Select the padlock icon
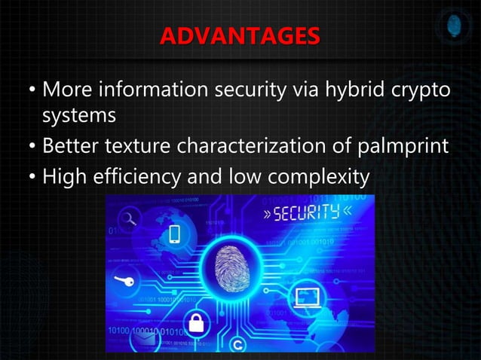click(196, 324)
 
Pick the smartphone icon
click(174, 234)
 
